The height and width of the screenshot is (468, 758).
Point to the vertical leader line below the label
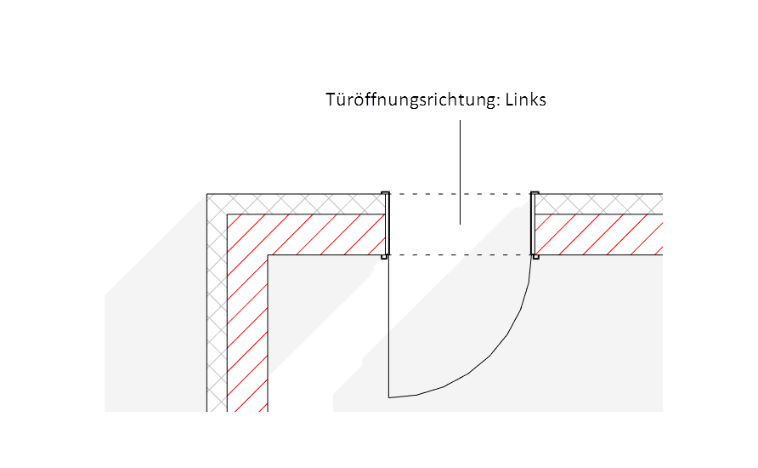click(460, 170)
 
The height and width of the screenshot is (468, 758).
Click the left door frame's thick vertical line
click(387, 224)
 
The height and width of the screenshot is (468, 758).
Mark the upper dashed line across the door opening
click(460, 194)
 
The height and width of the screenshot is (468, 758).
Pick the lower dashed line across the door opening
click(460, 255)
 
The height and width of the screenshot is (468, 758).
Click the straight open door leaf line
click(388, 328)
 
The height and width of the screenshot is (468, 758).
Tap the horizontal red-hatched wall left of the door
click(323, 234)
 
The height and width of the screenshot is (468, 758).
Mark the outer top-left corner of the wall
click(207, 194)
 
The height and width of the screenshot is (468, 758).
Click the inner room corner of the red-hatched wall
click(269, 255)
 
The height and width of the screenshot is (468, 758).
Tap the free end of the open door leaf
click(388, 397)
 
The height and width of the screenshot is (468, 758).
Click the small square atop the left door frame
click(385, 192)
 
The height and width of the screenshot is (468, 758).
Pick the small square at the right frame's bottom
click(535, 257)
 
